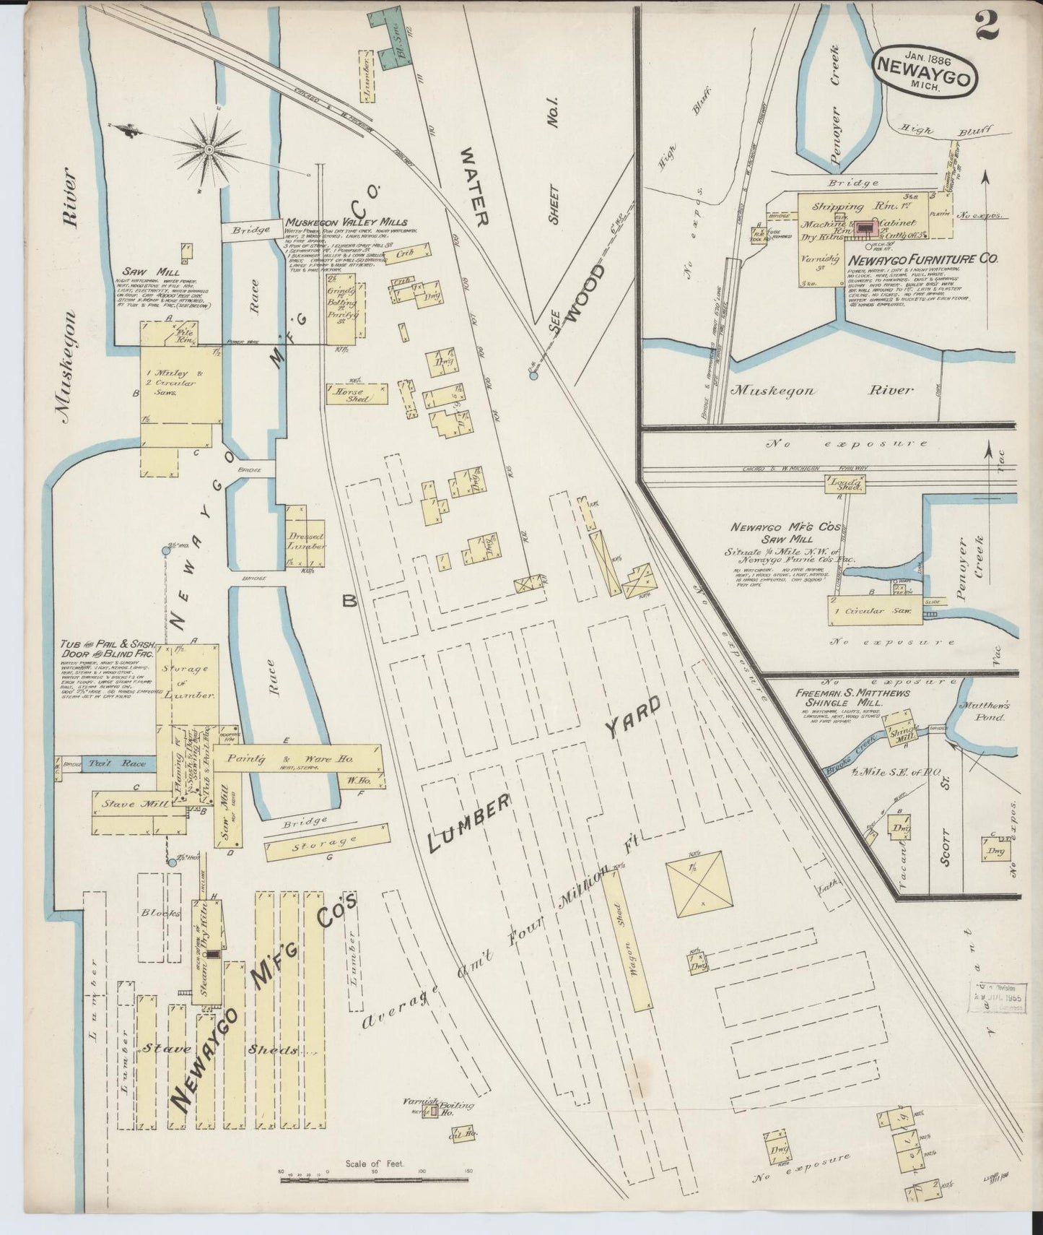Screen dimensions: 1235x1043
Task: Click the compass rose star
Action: pyautogui.click(x=209, y=149)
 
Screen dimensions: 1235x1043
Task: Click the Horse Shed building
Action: pyautogui.click(x=357, y=394)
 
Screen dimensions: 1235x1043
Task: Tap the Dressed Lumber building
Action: pyautogui.click(x=305, y=539)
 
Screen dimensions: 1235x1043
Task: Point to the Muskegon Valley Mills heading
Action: pyautogui.click(x=346, y=222)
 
